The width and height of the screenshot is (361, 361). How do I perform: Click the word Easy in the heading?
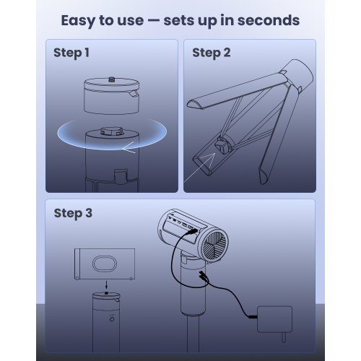tap(78, 21)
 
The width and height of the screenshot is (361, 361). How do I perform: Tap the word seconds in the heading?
tap(269, 20)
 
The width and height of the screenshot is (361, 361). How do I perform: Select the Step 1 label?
tap(71, 53)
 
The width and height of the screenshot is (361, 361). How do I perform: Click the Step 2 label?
tap(212, 53)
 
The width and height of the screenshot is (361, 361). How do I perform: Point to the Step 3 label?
tap(73, 213)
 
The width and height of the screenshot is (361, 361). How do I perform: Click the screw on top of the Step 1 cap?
tap(111, 79)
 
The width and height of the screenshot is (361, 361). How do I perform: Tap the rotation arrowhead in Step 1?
tap(129, 147)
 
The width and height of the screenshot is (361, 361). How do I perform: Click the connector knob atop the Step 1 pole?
tap(112, 131)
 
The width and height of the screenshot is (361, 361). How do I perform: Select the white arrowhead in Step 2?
tap(207, 160)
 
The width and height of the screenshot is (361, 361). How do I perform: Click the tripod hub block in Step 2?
tap(222, 146)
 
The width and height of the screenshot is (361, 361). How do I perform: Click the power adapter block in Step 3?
tap(274, 319)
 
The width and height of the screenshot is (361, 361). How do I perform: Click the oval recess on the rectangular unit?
tap(105, 264)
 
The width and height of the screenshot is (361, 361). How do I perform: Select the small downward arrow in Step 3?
tap(106, 285)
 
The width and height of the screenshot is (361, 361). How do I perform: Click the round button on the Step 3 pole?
tap(112, 319)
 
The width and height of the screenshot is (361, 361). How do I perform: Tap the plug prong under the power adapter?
tap(284, 337)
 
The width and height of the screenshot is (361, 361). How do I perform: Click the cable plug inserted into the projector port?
tap(191, 232)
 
